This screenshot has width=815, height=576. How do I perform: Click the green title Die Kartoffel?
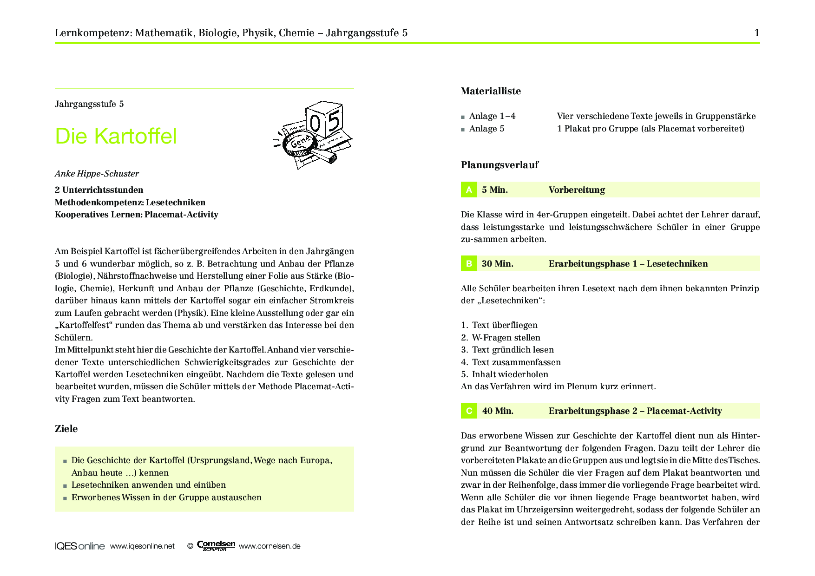coord(116,136)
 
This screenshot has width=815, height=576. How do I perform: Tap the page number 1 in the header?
coord(757,33)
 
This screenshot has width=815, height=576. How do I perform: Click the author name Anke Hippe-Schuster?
coord(97,174)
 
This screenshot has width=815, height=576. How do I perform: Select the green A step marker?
coord(469,190)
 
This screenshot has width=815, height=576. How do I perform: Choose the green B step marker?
coord(469,263)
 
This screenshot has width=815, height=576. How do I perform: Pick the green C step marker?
coord(469,411)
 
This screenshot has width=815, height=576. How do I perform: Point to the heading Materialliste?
coord(491,91)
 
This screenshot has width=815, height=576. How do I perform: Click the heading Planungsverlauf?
coord(500,165)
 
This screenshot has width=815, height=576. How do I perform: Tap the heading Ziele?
coord(66,429)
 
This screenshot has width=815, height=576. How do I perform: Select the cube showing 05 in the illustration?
coord(324,120)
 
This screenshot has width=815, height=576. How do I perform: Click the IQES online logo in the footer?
coord(79,546)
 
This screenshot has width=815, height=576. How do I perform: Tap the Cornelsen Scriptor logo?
coord(216,546)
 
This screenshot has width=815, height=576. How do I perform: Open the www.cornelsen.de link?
coord(269,546)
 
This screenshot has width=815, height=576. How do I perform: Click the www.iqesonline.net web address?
coord(142,546)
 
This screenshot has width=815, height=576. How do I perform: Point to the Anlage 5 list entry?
coord(486,129)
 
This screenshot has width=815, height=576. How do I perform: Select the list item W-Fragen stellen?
coord(506,338)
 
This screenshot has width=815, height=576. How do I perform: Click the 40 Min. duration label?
coord(498,411)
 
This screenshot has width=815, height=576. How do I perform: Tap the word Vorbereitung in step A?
coord(577,190)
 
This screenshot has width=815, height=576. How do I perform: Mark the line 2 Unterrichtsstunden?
coord(99,190)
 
